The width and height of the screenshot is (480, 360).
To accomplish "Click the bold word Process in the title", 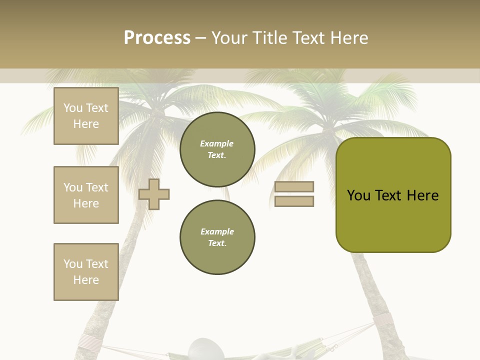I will coord(157,38).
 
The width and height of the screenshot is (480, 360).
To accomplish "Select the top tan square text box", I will coord(86,116).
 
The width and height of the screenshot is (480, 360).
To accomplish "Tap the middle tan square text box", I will coord(86,195).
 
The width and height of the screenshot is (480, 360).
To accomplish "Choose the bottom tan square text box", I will coord(86,272).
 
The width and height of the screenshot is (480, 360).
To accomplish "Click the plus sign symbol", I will coord(154,193).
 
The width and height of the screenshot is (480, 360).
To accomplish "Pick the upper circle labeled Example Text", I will coord(217,149).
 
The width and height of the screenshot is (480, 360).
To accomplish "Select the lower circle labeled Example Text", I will coord(217,237).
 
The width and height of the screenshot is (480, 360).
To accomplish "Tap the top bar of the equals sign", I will coord(294,186).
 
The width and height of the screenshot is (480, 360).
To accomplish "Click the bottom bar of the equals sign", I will coord(294,201).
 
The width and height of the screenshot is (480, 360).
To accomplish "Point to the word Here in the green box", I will coord(422,195).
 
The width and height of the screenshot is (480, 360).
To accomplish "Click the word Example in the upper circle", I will coord(217,143).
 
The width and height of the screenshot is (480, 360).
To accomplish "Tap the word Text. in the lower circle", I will coord(217,243).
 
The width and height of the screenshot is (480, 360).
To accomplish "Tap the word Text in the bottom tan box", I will coord(97,263).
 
